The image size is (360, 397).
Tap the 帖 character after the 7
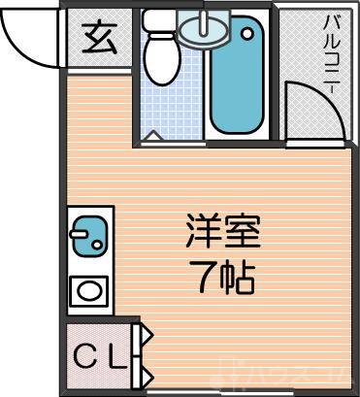pos(238,280)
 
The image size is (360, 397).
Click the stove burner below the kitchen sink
pos(88,289)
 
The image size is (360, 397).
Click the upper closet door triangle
pos(146,337)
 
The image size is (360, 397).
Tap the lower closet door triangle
pos(146,373)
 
